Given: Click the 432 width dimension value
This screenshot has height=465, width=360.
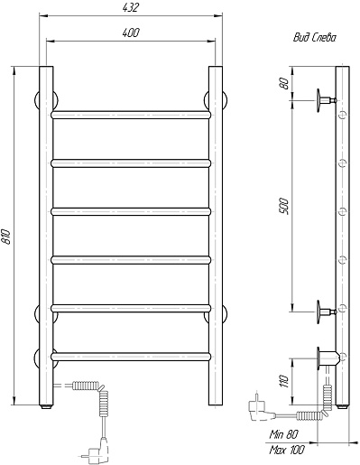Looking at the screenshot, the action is point(131,7).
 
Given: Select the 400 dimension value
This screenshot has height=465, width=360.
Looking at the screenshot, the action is point(131,33).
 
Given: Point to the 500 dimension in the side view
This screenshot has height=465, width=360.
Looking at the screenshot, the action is point(284,206).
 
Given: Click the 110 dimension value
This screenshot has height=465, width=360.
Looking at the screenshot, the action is point(284,381).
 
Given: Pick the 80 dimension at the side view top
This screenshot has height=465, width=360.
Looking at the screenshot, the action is point(284,83).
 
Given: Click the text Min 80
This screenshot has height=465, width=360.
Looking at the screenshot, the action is point(284,434).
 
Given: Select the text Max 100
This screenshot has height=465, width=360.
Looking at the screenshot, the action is point(287,450).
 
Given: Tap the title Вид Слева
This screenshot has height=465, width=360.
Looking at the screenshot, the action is point(315,38).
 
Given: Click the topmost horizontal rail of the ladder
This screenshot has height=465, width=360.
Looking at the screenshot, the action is point(131,115).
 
